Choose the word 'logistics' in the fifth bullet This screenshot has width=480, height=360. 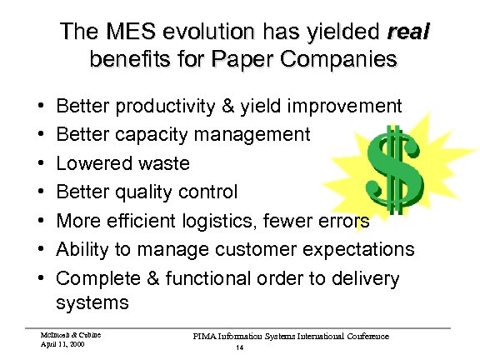[x=262, y=220]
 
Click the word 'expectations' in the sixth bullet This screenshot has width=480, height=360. [x=362, y=248]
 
